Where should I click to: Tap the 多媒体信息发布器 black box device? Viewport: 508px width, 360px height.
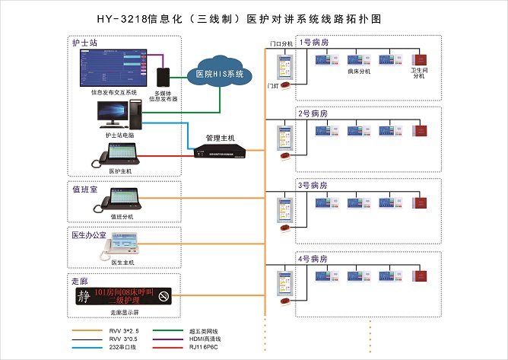click(163, 77)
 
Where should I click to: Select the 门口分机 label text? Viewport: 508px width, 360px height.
click(281, 45)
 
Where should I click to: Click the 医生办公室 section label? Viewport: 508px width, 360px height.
click(89, 235)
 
